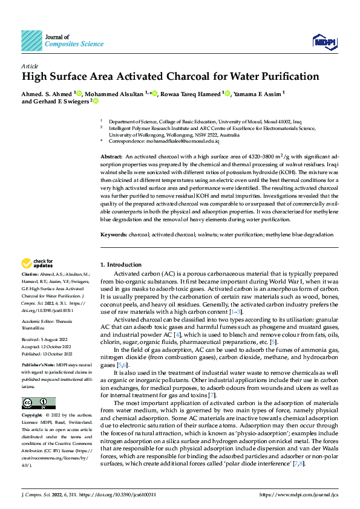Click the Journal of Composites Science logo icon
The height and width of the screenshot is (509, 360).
tap(31, 41)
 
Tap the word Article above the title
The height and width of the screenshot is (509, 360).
tap(30, 65)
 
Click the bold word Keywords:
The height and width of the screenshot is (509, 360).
tap(113, 235)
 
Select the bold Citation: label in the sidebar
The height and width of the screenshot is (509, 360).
tap(30, 274)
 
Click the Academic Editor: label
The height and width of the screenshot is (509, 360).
tap(41, 321)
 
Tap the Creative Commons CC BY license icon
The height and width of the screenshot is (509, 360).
tap(39, 403)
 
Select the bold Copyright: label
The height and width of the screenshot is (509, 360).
tap(33, 416)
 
